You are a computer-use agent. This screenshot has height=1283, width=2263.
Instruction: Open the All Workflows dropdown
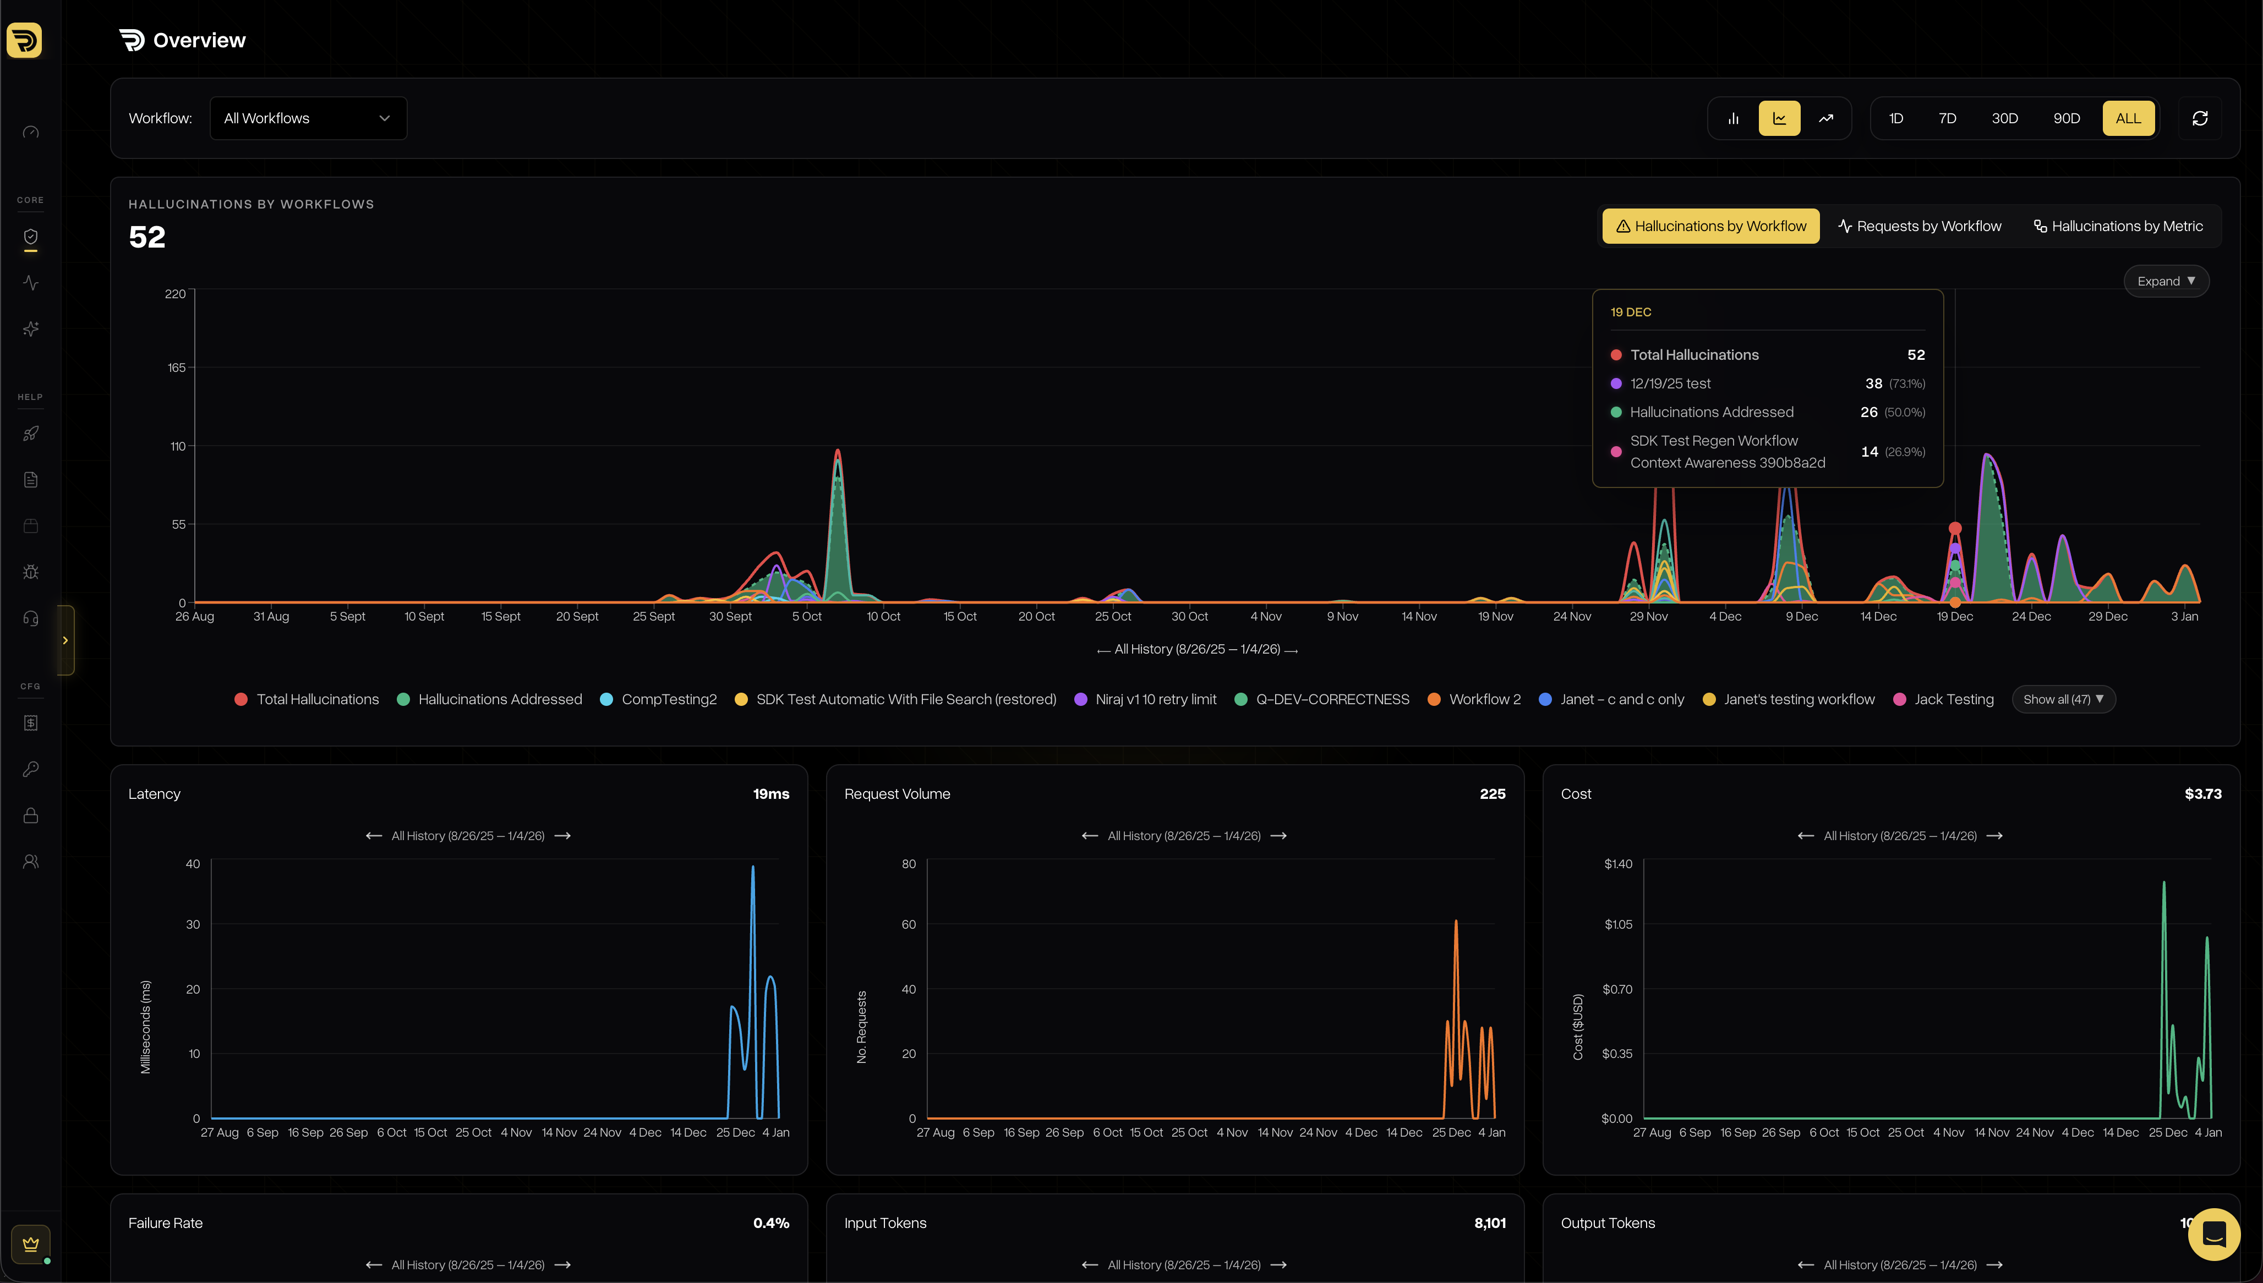(308, 118)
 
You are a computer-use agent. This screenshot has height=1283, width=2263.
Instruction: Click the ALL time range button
(2127, 118)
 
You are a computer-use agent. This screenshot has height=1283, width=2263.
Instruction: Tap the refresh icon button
(2200, 118)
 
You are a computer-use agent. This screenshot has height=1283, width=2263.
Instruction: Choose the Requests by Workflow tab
(1920, 227)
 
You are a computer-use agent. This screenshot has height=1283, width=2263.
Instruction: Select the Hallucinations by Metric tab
(2118, 227)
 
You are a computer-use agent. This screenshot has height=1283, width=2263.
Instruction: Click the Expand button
(2165, 281)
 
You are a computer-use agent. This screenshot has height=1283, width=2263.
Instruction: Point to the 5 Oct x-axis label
(806, 617)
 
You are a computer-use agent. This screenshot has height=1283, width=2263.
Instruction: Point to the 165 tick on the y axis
(176, 368)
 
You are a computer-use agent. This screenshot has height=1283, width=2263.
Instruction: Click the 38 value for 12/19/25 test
(1873, 383)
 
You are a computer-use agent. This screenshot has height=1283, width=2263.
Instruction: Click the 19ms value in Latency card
(770, 794)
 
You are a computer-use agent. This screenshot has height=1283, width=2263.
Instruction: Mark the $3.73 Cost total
(2202, 794)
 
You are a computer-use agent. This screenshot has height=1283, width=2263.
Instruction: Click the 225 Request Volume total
(1492, 794)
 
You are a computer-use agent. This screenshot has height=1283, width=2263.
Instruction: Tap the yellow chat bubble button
(2213, 1233)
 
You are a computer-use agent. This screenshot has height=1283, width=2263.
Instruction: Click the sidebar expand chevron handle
(65, 640)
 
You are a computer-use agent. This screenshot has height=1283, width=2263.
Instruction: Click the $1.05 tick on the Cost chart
(1618, 924)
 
